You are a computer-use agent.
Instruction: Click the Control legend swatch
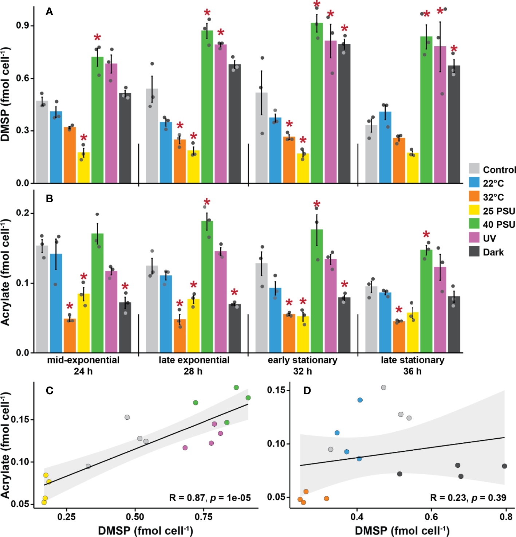click(x=474, y=169)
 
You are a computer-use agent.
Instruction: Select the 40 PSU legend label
click(x=499, y=224)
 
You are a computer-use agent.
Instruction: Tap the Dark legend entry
click(x=493, y=252)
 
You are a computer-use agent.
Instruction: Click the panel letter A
click(x=49, y=12)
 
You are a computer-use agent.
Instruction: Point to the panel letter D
click(x=307, y=391)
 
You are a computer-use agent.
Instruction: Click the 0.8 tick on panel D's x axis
click(x=506, y=517)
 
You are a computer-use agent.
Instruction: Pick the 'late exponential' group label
click(x=194, y=360)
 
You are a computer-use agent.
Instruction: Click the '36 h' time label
click(x=412, y=371)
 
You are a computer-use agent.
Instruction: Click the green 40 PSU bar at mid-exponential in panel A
click(x=97, y=120)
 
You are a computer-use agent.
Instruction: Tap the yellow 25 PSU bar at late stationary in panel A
click(x=413, y=168)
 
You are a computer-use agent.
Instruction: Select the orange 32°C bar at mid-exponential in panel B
click(x=70, y=336)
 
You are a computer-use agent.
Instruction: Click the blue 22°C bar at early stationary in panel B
click(x=275, y=321)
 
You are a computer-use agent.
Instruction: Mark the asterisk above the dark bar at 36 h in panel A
click(x=454, y=49)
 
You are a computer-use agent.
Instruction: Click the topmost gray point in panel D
click(x=383, y=388)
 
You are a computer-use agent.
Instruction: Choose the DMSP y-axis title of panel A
click(x=6, y=94)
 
